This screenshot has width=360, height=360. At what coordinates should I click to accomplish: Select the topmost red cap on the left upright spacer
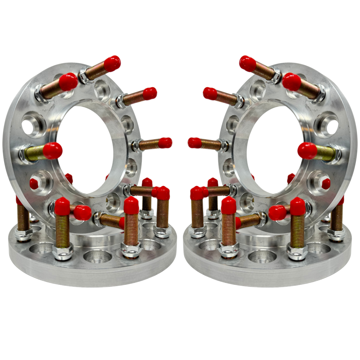pyautogui.click(x=112, y=63)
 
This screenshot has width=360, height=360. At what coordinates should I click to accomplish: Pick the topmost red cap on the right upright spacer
pyautogui.click(x=248, y=63)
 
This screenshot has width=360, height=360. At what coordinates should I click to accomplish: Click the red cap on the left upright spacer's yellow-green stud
pyautogui.click(x=52, y=151)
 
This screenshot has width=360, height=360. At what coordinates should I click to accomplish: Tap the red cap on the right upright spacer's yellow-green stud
pyautogui.click(x=307, y=151)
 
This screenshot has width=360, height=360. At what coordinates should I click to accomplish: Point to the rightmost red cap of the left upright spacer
pyautogui.click(x=165, y=143)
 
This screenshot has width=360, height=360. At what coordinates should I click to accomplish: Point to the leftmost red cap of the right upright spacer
pyautogui.click(x=195, y=143)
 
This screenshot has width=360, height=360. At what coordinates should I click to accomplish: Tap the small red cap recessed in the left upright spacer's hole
pyautogui.click(x=34, y=184)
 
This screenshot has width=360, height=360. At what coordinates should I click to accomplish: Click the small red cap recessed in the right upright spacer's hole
pyautogui.click(x=326, y=184)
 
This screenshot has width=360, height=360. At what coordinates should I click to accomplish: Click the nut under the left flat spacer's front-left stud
pyautogui.click(x=63, y=251)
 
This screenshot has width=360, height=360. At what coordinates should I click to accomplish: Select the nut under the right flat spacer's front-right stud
pyautogui.click(x=297, y=251)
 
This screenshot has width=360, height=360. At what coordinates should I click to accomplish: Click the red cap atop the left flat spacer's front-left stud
pyautogui.click(x=62, y=206)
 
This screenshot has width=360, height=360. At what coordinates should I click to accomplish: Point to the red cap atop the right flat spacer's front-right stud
pyautogui.click(x=297, y=206)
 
